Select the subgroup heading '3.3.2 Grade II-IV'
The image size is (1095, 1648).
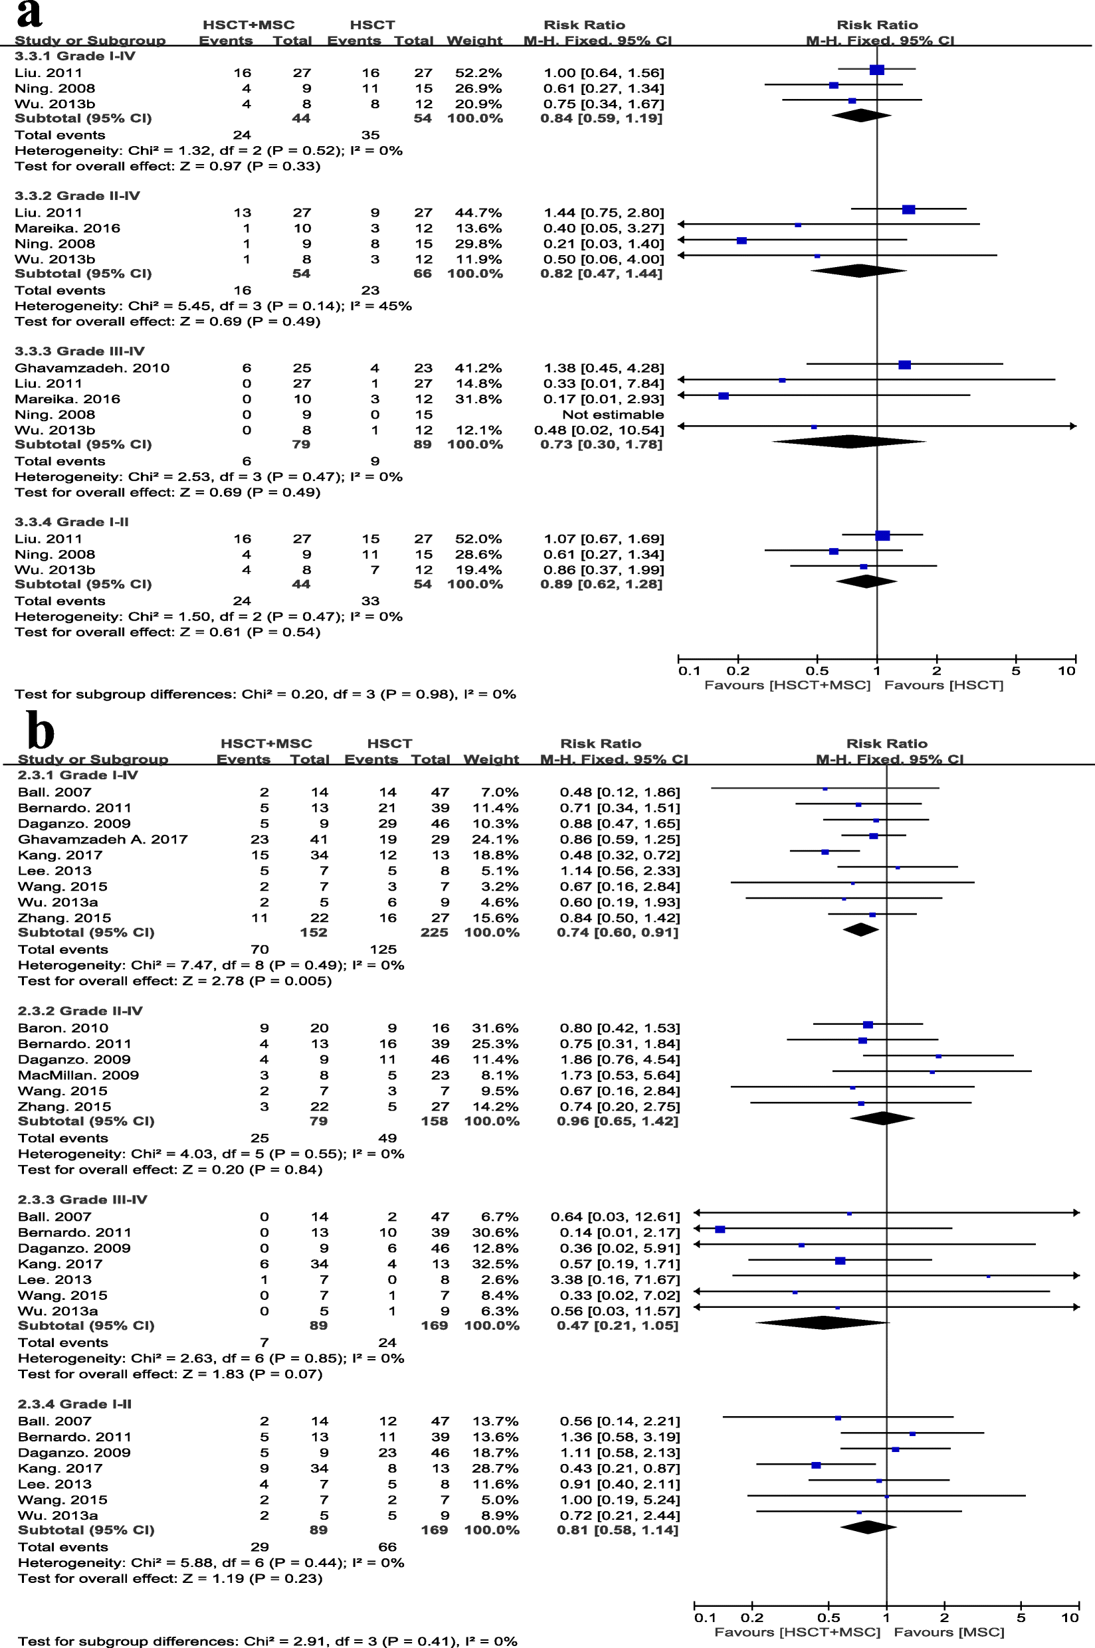pos(77,196)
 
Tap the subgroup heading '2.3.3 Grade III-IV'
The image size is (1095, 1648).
pos(82,1200)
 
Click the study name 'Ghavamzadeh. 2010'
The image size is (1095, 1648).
pos(92,368)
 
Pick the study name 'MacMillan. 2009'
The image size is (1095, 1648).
pos(78,1075)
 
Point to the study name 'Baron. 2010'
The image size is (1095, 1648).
pos(63,1028)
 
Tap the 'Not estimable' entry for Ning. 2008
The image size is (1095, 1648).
pos(613,414)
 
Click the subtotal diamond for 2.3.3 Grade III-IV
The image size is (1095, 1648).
pos(821,1322)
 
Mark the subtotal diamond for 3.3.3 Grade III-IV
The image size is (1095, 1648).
pos(848,441)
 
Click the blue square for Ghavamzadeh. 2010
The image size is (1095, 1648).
pos(904,365)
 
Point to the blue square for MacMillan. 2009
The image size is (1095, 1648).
pos(932,1071)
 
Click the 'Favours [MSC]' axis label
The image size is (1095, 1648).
pos(949,1632)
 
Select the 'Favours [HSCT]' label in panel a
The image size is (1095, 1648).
pos(944,685)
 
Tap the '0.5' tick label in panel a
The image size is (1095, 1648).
pos(817,671)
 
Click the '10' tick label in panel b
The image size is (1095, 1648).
pos(1070,1618)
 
